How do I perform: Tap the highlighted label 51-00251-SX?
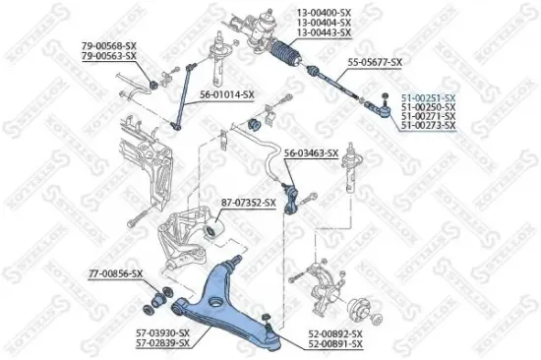429,97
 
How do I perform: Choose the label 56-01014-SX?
227,94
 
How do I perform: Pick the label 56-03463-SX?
311,153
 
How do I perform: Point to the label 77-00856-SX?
115,272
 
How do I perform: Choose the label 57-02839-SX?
163,344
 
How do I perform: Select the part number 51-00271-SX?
429,117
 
